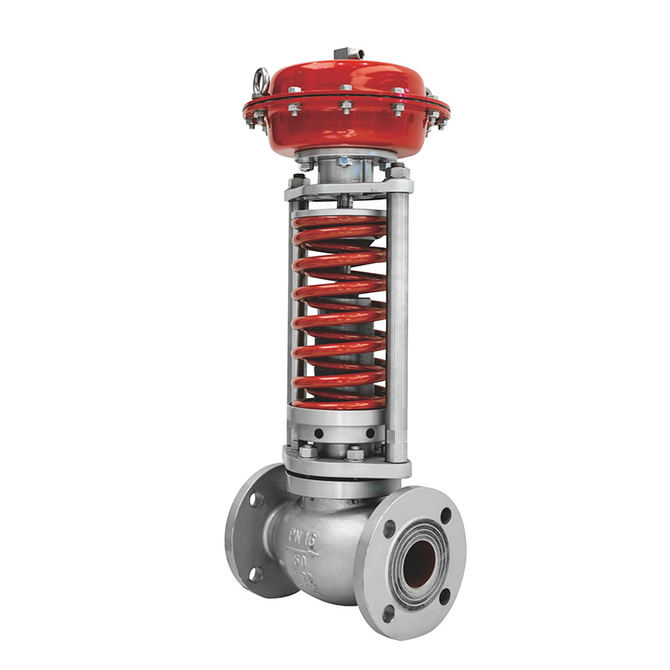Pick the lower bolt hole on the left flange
[x=255, y=575]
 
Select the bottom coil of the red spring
[x=339, y=401]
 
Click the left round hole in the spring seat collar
[x=318, y=434]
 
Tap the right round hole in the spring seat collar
[x=369, y=433]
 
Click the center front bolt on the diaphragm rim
[x=345, y=106]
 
